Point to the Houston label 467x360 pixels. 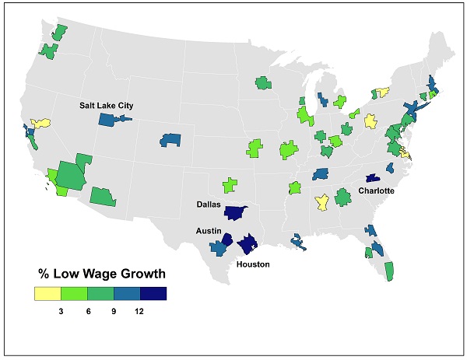coord(254,264)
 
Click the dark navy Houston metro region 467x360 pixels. coord(248,245)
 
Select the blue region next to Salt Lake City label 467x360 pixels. coord(111,121)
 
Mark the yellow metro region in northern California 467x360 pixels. coord(40,123)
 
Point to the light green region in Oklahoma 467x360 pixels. coord(229,186)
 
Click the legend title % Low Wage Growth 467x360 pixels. coord(102,274)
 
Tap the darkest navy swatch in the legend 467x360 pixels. coord(153,293)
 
